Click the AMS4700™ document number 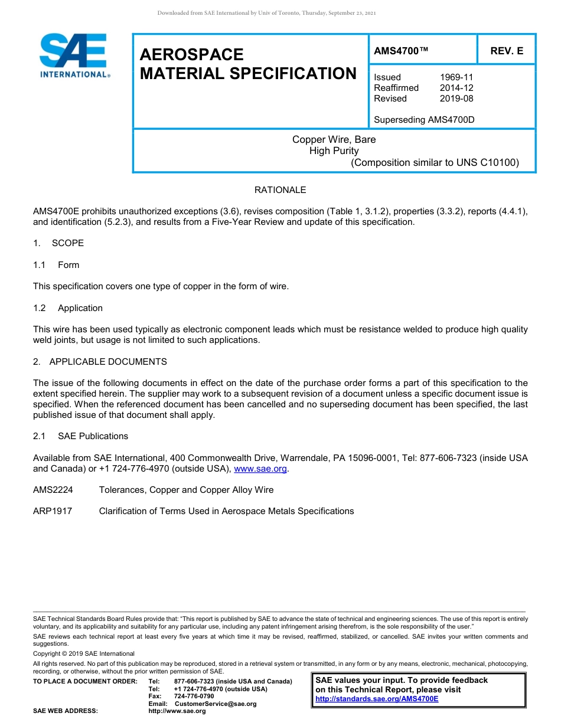[401, 51]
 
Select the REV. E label [507, 51]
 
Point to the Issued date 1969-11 [456, 77]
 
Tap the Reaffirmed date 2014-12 [456, 88]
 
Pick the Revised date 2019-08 [456, 99]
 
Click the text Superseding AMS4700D [424, 120]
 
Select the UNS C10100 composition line [435, 162]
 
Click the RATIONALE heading [280, 190]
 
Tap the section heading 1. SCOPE [58, 243]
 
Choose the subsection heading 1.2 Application [69, 308]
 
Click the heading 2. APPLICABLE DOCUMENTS [100, 362]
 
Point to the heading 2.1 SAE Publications [81, 436]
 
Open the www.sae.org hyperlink [260, 469]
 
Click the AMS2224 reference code [52, 490]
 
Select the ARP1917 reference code [53, 511]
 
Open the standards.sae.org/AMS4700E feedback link [377, 699]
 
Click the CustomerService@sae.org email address [216, 704]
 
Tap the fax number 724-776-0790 [194, 696]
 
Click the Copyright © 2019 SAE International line [84, 653]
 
